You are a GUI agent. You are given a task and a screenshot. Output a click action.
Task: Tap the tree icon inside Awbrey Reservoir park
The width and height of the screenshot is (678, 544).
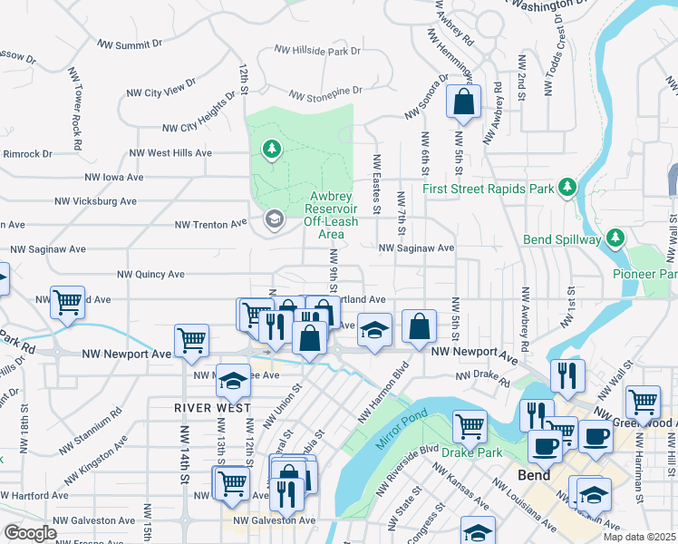click(x=270, y=148)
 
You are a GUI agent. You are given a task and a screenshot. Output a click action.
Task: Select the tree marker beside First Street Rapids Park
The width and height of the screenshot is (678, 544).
click(x=567, y=187)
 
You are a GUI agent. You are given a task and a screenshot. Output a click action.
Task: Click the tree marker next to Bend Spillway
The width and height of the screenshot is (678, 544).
click(x=616, y=238)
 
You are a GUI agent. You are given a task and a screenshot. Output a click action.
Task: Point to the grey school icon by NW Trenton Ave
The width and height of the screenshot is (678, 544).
click(x=274, y=219)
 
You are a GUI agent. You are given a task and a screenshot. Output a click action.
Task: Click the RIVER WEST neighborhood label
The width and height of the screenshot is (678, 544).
click(x=212, y=409)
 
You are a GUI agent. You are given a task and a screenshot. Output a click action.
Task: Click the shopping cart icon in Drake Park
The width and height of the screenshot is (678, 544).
click(x=470, y=424)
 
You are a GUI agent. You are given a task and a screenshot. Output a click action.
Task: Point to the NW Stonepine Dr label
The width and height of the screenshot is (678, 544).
click(x=325, y=92)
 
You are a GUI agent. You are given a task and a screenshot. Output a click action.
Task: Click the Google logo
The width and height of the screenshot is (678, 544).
click(x=30, y=533)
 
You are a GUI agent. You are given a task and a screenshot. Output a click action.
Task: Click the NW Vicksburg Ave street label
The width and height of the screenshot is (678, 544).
click(x=95, y=201)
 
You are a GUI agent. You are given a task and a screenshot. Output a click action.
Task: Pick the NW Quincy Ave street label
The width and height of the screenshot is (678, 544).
click(x=150, y=274)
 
